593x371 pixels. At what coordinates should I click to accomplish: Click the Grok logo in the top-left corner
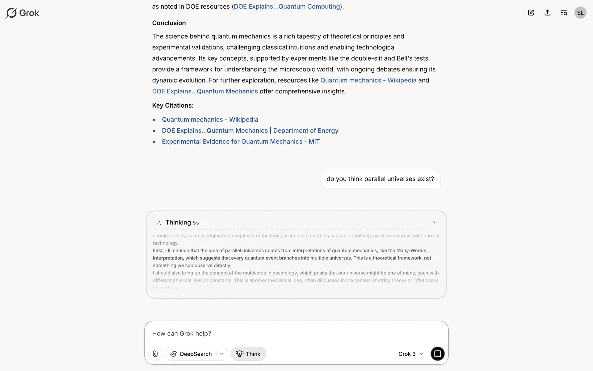pyautogui.click(x=22, y=13)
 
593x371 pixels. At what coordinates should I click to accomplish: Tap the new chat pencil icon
pyautogui.click(x=531, y=13)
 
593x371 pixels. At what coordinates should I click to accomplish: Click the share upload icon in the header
pyautogui.click(x=547, y=13)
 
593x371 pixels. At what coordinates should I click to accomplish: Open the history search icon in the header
pyautogui.click(x=564, y=13)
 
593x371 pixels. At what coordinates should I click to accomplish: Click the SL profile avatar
pyautogui.click(x=580, y=13)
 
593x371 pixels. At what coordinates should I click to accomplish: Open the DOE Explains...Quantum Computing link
pyautogui.click(x=287, y=6)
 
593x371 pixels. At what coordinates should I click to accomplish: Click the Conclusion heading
pyautogui.click(x=169, y=23)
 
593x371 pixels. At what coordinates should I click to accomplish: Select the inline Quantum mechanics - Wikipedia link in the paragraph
pyautogui.click(x=368, y=80)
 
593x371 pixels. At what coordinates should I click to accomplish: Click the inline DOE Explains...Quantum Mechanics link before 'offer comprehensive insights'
pyautogui.click(x=205, y=92)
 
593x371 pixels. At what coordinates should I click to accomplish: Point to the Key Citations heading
pyautogui.click(x=173, y=105)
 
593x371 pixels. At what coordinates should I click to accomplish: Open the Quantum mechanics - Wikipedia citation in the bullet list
pyautogui.click(x=210, y=120)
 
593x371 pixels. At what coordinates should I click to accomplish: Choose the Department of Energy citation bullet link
pyautogui.click(x=250, y=131)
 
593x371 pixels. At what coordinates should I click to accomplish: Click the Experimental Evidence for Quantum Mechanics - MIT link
pyautogui.click(x=241, y=142)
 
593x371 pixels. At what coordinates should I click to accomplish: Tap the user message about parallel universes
pyautogui.click(x=380, y=179)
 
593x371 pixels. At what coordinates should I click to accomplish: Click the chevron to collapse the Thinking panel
pyautogui.click(x=435, y=222)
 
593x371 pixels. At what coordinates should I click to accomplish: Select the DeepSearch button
pyautogui.click(x=191, y=354)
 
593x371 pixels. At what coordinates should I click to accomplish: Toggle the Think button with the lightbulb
pyautogui.click(x=248, y=354)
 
